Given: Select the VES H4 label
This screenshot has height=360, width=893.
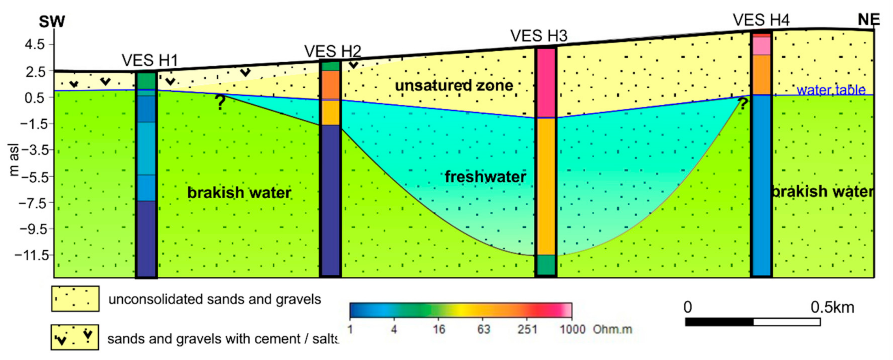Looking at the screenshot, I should pyautogui.click(x=761, y=20).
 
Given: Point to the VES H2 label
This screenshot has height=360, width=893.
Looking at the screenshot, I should pyautogui.click(x=332, y=52).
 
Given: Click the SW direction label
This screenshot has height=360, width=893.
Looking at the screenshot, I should pyautogui.click(x=52, y=22).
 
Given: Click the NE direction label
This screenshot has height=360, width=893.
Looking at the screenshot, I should pyautogui.click(x=869, y=20).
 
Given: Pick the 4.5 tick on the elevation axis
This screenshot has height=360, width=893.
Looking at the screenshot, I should pyautogui.click(x=35, y=44).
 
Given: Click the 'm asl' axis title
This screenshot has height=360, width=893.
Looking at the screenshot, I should pyautogui.click(x=14, y=160).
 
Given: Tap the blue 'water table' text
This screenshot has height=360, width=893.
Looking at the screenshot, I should pyautogui.click(x=831, y=90).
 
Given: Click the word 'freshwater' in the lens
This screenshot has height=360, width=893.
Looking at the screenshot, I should pyautogui.click(x=485, y=177).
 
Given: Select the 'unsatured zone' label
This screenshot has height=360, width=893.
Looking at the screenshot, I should pyautogui.click(x=454, y=85).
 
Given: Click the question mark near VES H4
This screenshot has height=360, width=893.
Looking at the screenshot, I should pyautogui.click(x=742, y=104).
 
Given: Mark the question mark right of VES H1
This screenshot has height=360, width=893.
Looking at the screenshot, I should pyautogui.click(x=220, y=102).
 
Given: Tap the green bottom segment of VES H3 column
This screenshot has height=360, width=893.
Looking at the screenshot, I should pyautogui.click(x=546, y=265).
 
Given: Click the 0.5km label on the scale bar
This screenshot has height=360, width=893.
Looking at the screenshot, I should pyautogui.click(x=832, y=307).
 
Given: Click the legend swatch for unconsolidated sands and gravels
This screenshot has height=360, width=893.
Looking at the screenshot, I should pyautogui.click(x=75, y=299).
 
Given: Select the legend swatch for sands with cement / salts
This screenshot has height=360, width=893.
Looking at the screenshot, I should pyautogui.click(x=75, y=337).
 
